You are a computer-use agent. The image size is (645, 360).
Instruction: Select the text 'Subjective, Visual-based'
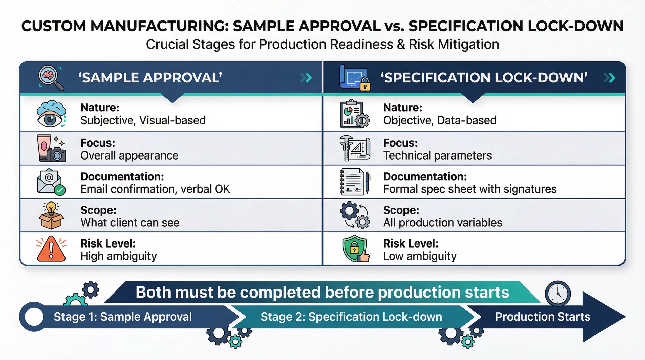coord(143,120)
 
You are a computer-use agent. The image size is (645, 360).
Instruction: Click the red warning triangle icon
coord(51,249)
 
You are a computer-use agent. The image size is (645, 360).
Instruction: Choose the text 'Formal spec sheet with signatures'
coord(470,189)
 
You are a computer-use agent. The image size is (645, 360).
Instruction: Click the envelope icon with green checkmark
coord(51,182)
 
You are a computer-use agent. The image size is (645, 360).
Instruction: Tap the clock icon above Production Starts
coord(558,293)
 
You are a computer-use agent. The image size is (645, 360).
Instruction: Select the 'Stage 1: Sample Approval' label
coord(123,317)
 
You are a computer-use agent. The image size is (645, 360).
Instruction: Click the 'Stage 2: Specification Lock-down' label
coord(351,317)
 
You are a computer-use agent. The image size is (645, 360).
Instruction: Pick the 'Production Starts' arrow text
coord(542,317)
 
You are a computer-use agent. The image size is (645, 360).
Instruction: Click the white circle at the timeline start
coord(34,317)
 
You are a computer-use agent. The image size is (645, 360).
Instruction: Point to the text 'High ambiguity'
coord(118,256)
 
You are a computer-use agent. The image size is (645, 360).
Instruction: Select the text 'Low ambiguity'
coord(420,256)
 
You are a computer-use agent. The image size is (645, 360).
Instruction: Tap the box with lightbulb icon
coord(51,216)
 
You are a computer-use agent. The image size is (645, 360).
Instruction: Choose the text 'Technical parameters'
coord(437,155)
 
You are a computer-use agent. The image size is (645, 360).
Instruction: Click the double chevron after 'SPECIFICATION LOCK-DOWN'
coord(609,78)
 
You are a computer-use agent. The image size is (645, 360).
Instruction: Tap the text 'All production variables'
coord(442,223)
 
